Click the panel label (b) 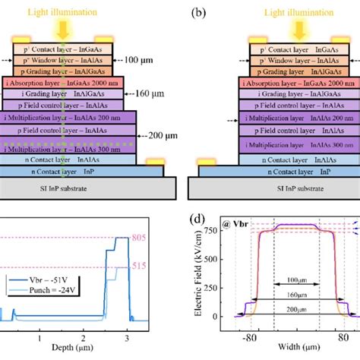196,12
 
